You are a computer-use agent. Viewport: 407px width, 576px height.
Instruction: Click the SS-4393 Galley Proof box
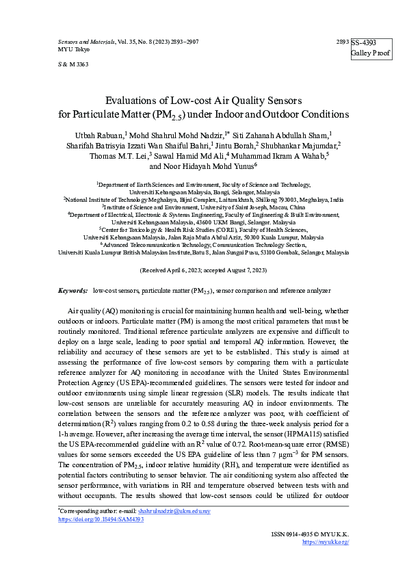[x=371, y=47]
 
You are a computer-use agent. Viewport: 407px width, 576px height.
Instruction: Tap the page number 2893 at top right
[x=343, y=42]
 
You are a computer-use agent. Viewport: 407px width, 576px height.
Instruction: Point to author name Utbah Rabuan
[x=100, y=135]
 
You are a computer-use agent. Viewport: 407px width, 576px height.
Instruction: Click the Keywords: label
[x=73, y=291]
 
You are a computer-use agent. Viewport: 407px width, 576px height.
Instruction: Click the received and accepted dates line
[x=203, y=270]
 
